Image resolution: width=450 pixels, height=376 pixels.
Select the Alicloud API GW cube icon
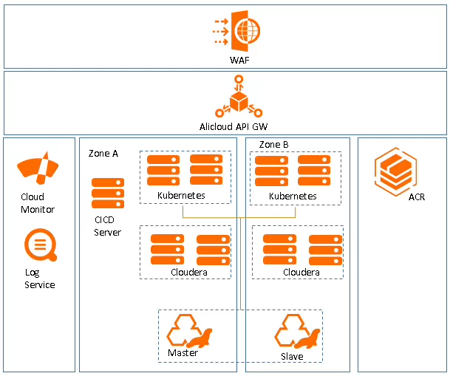coord(239,100)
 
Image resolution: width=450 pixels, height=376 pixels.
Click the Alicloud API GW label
coord(239,126)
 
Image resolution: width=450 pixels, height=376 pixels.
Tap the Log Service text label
coord(39,278)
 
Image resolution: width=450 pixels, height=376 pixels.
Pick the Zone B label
coord(274,144)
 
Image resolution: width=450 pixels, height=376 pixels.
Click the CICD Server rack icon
coord(108,193)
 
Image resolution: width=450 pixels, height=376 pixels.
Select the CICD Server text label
coord(108,225)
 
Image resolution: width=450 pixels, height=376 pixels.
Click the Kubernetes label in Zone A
coord(181,196)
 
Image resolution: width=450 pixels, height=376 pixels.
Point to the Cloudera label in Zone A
coord(188,273)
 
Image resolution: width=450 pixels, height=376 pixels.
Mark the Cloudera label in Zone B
coord(301,273)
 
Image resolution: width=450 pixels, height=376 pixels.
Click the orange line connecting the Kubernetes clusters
coord(239,217)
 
